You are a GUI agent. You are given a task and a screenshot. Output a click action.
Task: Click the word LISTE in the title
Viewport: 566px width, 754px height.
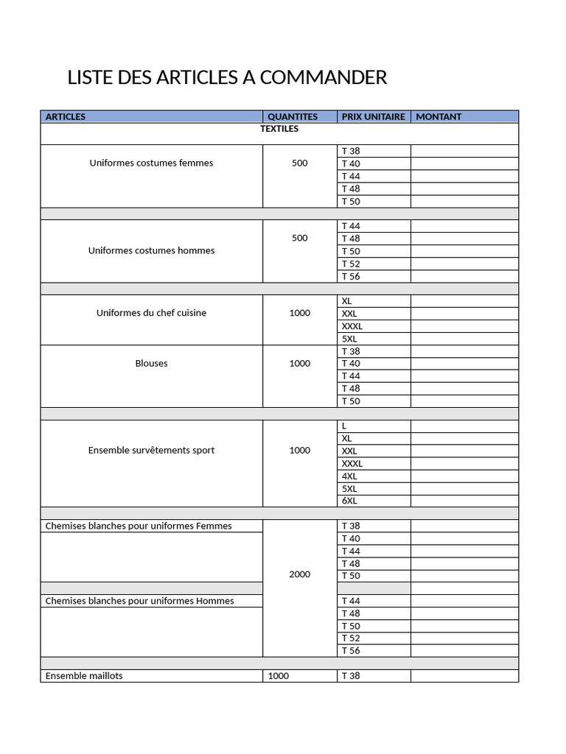[x=90, y=77]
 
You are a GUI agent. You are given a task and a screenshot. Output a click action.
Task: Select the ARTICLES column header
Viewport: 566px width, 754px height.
[x=66, y=116]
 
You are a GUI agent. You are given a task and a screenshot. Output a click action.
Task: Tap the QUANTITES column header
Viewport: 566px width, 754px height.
[x=293, y=116]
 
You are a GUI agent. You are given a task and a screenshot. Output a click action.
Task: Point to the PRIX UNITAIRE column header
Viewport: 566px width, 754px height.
[x=373, y=116]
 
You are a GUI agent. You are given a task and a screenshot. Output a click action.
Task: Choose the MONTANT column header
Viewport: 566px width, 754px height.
[x=439, y=116]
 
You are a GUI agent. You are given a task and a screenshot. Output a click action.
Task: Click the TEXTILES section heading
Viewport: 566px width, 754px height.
[x=279, y=129]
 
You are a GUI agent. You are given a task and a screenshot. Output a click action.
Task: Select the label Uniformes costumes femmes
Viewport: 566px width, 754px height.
[x=151, y=163]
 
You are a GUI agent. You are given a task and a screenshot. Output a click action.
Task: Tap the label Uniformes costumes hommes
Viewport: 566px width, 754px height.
[x=151, y=250]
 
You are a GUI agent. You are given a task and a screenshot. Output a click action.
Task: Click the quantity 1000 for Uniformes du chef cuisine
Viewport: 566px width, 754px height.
[x=299, y=313]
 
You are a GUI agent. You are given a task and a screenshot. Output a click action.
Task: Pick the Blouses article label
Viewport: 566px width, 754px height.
[x=151, y=363]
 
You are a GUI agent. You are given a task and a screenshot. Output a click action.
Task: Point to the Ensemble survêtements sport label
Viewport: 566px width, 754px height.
[x=151, y=450]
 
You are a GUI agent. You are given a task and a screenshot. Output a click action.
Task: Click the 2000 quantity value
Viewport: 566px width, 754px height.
[x=299, y=574]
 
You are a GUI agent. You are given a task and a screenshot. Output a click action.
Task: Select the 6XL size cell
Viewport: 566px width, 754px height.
[x=349, y=501]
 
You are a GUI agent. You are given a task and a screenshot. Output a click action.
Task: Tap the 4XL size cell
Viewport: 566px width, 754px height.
[x=349, y=476]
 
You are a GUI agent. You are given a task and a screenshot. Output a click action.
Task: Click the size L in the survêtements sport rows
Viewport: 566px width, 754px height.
[x=344, y=426]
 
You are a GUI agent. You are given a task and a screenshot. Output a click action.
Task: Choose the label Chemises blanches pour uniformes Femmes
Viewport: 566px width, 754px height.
[x=139, y=526]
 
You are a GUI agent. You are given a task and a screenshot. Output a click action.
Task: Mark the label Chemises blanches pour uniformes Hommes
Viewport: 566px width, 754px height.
[x=139, y=601]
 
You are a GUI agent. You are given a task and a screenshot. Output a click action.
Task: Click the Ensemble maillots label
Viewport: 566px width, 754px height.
[x=84, y=675]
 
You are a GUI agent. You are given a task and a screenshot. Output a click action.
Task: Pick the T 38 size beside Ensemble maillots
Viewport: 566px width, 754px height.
[x=351, y=675]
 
